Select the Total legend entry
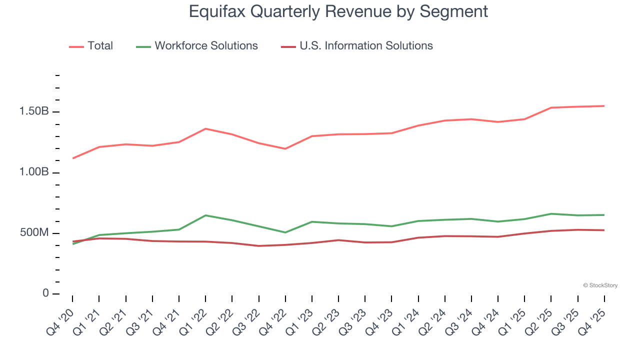pos(100,46)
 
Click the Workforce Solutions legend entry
pos(206,46)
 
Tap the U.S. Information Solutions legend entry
pos(366,46)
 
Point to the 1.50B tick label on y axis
pos(34,111)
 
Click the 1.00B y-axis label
pos(34,172)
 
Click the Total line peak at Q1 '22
pos(205,128)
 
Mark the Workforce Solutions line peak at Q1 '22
pos(205,215)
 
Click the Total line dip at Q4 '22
pos(285,149)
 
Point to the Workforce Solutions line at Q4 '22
pos(285,232)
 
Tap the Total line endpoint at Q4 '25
pos(604,106)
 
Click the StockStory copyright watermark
pos(600,285)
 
